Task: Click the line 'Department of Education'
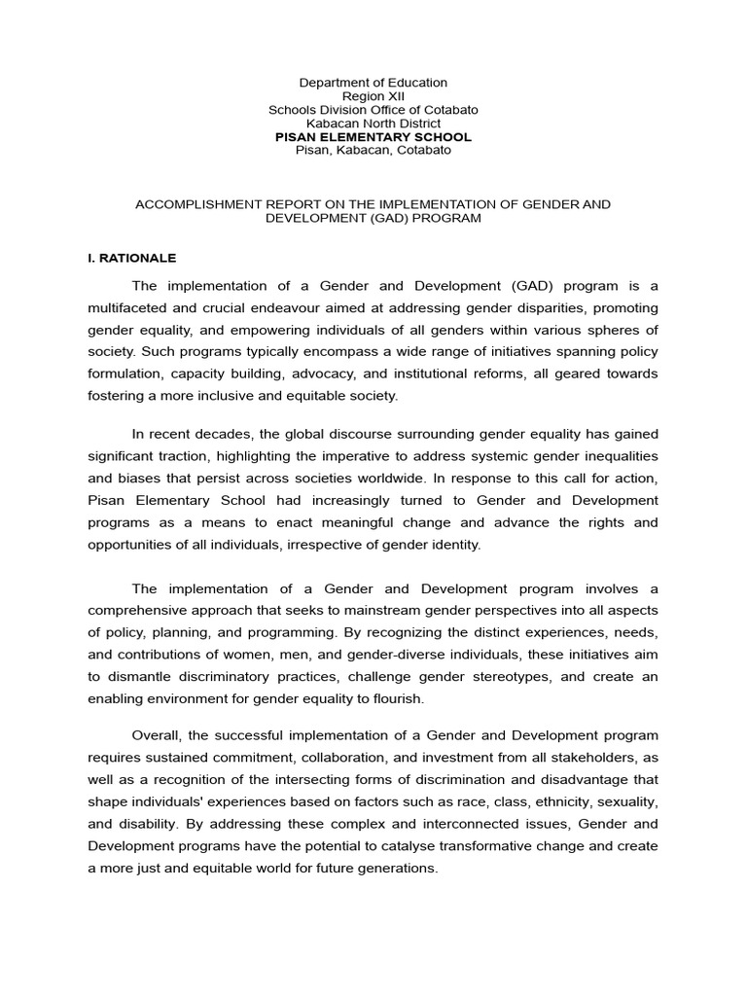(373, 83)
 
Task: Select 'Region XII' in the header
(373, 96)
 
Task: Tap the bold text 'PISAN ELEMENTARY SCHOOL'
(373, 137)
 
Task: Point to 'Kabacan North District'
(373, 124)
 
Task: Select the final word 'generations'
(398, 868)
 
